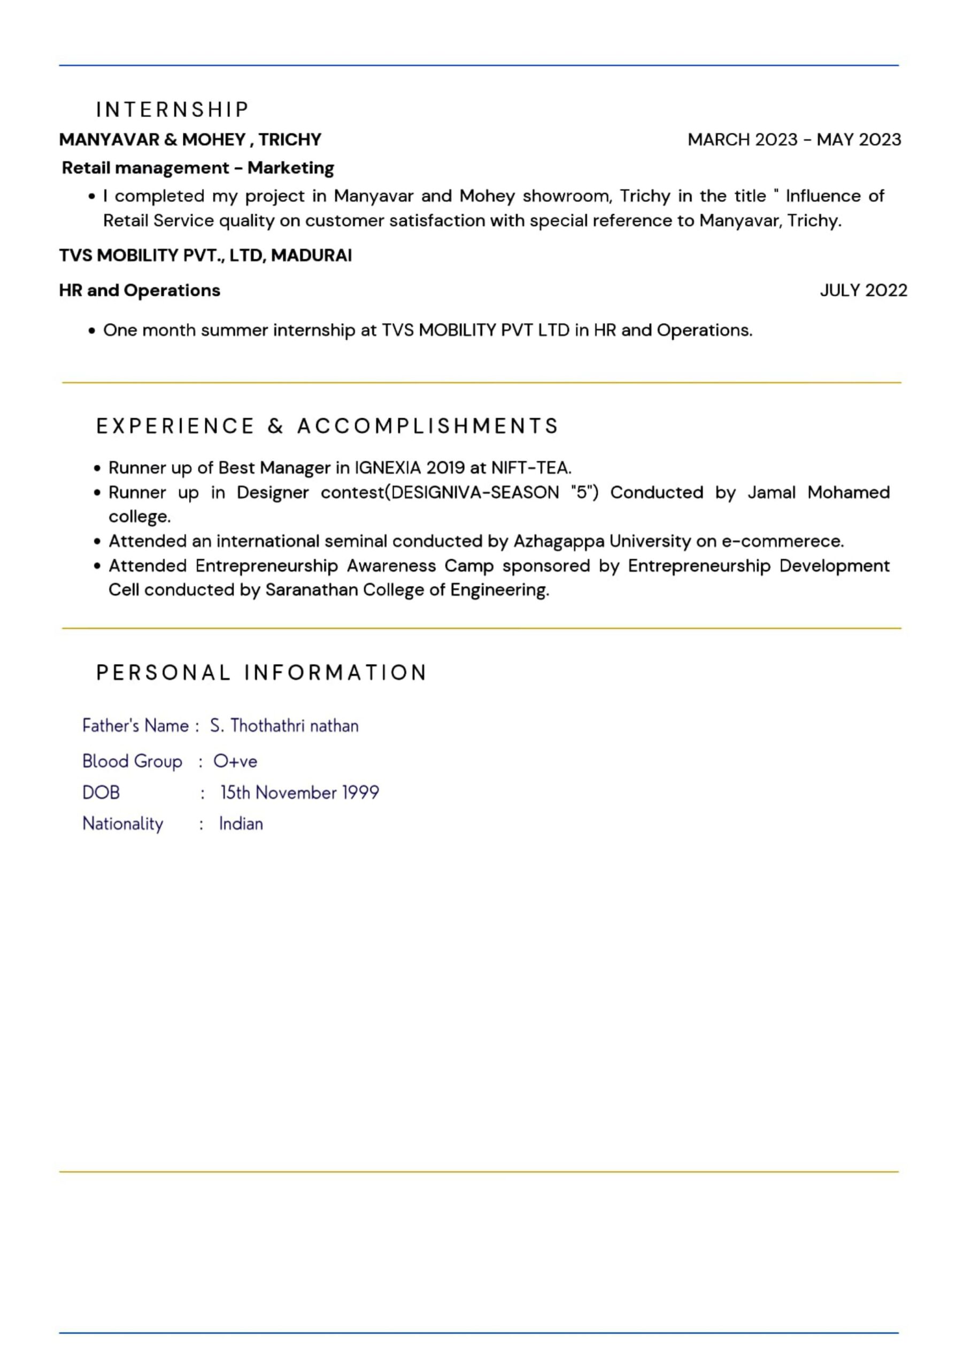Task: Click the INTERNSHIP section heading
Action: click(172, 110)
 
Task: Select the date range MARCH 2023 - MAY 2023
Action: click(793, 140)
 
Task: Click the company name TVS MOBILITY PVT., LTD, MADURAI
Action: click(205, 255)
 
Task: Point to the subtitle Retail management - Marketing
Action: click(197, 168)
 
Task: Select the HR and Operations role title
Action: click(140, 290)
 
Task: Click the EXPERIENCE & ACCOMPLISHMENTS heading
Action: click(327, 426)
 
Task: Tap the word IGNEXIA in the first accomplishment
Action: click(388, 467)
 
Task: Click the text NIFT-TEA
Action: click(530, 467)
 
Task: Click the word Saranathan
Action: click(311, 590)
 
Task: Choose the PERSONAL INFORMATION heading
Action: click(261, 673)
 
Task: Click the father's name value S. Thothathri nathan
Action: click(284, 726)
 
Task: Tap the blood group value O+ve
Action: click(235, 762)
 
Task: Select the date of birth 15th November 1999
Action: click(299, 793)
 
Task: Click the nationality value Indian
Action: click(241, 824)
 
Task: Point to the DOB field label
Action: click(101, 793)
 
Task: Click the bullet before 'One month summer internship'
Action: click(92, 331)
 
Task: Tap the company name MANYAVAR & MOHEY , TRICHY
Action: click(190, 140)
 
